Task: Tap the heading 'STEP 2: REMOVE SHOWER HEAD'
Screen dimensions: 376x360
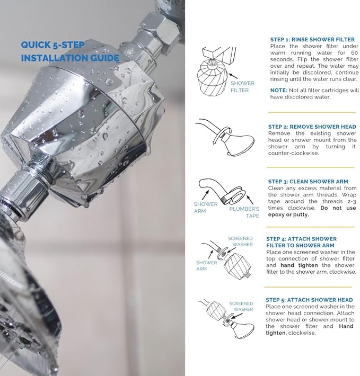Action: pyautogui.click(x=312, y=127)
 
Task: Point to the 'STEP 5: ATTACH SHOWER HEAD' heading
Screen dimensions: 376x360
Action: pyautogui.click(x=309, y=300)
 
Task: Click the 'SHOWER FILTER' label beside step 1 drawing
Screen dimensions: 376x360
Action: pyautogui.click(x=242, y=87)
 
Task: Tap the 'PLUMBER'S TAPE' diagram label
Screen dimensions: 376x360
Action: pyautogui.click(x=244, y=212)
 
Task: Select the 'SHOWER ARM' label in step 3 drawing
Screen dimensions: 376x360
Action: pyautogui.click(x=206, y=208)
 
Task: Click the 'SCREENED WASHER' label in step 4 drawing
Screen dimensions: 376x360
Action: pyautogui.click(x=240, y=242)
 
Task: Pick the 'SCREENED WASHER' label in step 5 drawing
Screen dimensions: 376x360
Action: pyautogui.click(x=241, y=307)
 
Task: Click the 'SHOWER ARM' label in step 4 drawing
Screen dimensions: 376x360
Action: pyautogui.click(x=207, y=265)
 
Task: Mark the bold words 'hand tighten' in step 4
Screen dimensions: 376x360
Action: pyautogui.click(x=302, y=265)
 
